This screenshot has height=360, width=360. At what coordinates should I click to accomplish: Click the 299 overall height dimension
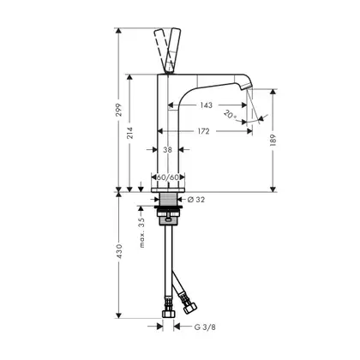[x=119, y=110]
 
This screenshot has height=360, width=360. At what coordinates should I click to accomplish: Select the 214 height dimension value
[x=130, y=133]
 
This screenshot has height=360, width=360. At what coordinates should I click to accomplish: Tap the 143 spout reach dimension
[x=206, y=105]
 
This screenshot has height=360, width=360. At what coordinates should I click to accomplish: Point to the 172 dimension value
[x=203, y=131]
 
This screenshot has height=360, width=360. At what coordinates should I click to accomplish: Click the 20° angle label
[x=231, y=115]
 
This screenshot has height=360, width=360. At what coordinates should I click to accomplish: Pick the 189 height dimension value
[x=273, y=141]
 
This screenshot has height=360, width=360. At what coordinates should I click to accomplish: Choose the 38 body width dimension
[x=168, y=149]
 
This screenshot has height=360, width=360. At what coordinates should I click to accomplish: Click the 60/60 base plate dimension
[x=168, y=177]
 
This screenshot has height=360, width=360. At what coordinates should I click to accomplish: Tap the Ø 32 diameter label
[x=196, y=200]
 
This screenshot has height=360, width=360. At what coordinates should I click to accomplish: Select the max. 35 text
[x=141, y=232]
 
